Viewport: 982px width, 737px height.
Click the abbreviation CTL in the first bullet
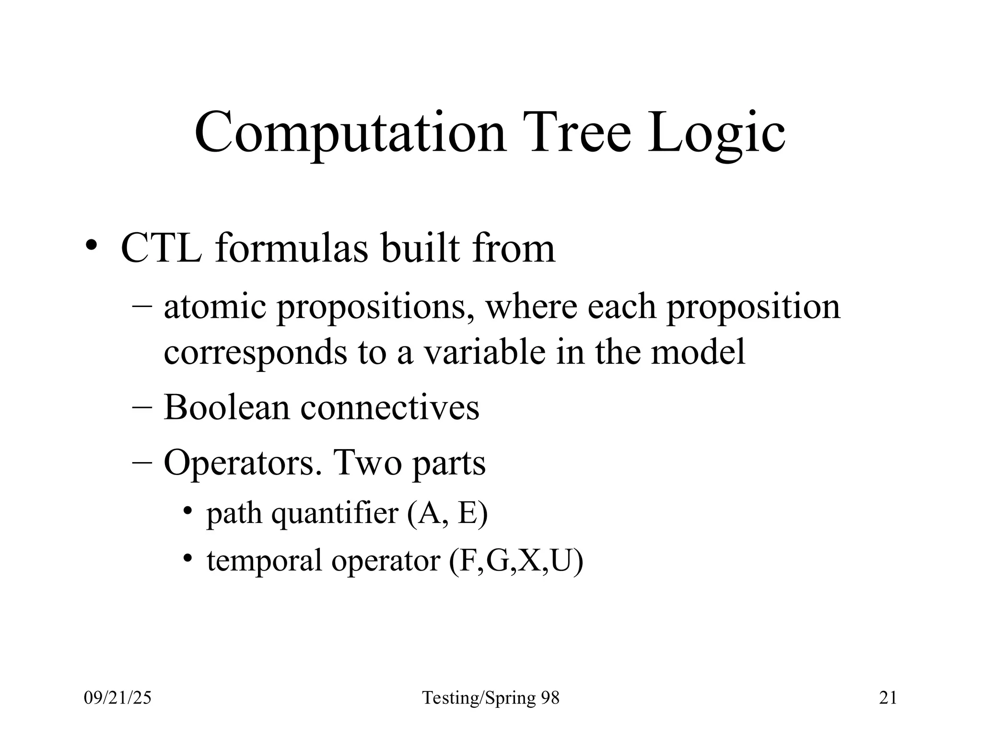pyautogui.click(x=161, y=249)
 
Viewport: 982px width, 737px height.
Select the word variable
pyautogui.click(x=483, y=352)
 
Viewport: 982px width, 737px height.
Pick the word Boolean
pyautogui.click(x=227, y=407)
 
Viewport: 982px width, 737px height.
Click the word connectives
pyautogui.click(x=389, y=407)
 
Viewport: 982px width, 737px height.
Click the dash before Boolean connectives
pyautogui.click(x=142, y=407)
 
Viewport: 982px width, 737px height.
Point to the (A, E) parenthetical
pyautogui.click(x=447, y=513)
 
